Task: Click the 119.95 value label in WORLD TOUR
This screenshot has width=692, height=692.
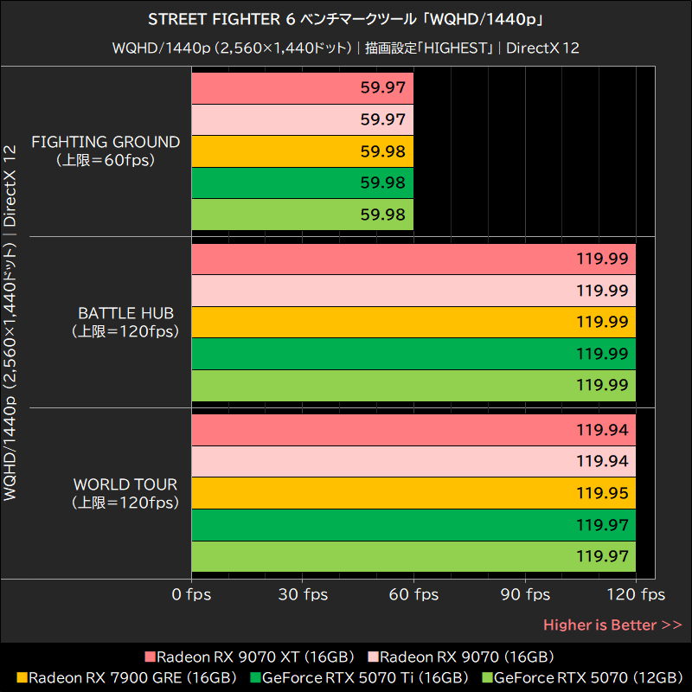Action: pyautogui.click(x=602, y=493)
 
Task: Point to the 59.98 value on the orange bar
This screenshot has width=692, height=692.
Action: pyautogui.click(x=382, y=151)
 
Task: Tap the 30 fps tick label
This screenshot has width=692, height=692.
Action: pyautogui.click(x=303, y=594)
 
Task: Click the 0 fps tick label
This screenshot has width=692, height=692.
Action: pyautogui.click(x=191, y=594)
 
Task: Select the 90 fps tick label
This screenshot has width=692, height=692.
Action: pyautogui.click(x=525, y=594)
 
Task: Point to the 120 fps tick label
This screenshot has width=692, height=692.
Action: pyautogui.click(x=637, y=594)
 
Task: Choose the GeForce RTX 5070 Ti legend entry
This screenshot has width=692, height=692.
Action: pyautogui.click(x=359, y=677)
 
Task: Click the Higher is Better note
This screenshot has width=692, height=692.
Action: pyautogui.click(x=612, y=625)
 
